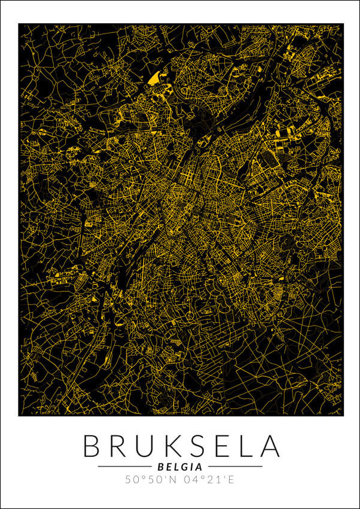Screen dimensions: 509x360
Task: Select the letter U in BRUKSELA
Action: click(x=144, y=446)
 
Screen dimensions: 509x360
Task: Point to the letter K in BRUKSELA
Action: click(x=170, y=446)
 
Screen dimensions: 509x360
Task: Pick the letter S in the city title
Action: click(x=194, y=446)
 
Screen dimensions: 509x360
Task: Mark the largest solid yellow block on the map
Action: click(x=154, y=78)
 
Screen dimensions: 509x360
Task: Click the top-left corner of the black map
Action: click(x=19, y=24)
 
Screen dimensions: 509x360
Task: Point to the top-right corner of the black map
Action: click(x=343, y=24)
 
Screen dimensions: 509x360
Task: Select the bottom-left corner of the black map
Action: click(x=19, y=416)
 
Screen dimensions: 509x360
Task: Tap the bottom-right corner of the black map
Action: click(x=343, y=416)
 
